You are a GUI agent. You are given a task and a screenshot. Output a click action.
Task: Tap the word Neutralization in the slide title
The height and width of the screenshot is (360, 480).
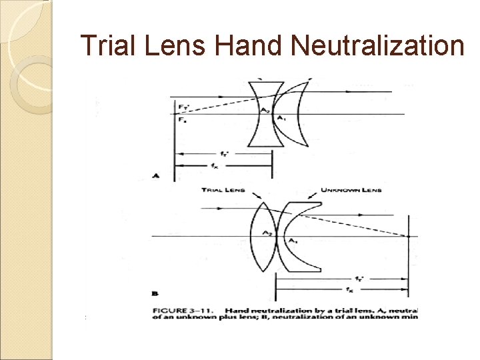click(x=377, y=46)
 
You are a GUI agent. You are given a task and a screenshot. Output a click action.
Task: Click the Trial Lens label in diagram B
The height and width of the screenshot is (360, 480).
click(x=223, y=190)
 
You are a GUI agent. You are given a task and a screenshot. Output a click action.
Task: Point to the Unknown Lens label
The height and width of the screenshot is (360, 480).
click(x=351, y=190)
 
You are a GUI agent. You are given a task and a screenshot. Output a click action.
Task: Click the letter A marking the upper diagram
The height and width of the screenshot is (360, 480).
click(x=155, y=176)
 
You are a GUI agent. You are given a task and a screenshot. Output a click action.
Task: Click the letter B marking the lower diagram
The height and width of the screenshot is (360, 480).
click(x=155, y=292)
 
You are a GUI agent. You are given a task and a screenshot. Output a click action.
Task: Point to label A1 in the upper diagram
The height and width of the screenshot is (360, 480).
click(x=280, y=118)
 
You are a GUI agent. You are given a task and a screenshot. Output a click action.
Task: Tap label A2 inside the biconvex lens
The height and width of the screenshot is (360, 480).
click(x=266, y=233)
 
